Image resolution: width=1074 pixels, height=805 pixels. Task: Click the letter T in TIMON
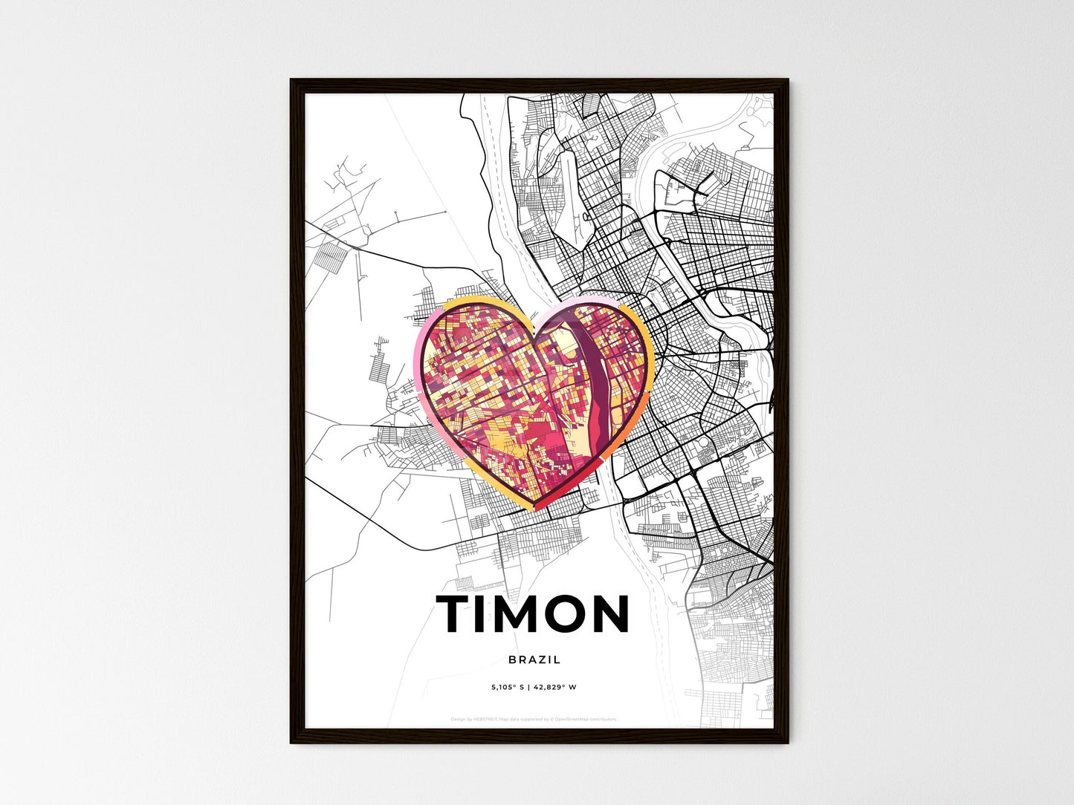455,614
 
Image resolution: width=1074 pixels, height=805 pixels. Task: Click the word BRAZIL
535,659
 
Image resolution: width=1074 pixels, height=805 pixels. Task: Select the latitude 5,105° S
508,688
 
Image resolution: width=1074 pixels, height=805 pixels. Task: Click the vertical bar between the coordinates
528,688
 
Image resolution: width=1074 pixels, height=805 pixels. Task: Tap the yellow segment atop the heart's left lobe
476,301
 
